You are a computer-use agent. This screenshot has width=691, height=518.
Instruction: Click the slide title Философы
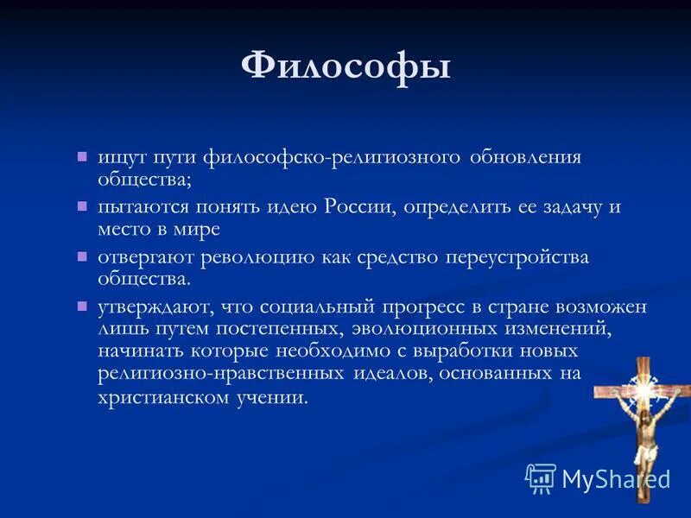[345, 66]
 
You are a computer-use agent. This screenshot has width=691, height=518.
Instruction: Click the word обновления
[526, 158]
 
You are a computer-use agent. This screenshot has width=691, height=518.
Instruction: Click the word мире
[197, 230]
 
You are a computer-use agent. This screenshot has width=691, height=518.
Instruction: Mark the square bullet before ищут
[82, 157]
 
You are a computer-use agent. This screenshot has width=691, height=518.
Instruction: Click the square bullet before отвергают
[82, 256]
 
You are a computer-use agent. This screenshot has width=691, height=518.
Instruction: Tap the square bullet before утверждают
[82, 306]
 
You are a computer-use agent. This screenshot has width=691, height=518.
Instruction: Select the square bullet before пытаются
[82, 206]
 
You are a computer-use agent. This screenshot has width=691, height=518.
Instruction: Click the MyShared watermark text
[615, 478]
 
